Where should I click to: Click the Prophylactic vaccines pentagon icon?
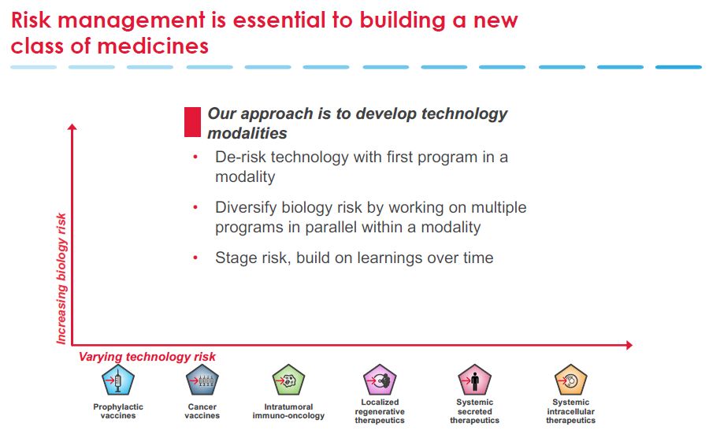pyautogui.click(x=118, y=380)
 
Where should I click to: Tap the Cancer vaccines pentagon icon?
pyautogui.click(x=202, y=380)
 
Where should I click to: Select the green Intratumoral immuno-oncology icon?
pyautogui.click(x=288, y=380)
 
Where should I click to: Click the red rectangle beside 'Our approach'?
pyautogui.click(x=192, y=122)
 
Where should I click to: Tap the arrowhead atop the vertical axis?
pyautogui.click(x=72, y=127)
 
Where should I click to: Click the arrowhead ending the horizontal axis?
pyautogui.click(x=629, y=345)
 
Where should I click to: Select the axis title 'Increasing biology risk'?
pyautogui.click(x=61, y=279)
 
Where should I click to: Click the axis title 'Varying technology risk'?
pyautogui.click(x=147, y=357)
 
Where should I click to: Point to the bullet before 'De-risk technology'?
pyautogui.click(x=195, y=158)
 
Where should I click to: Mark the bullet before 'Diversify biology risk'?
pyautogui.click(x=195, y=207)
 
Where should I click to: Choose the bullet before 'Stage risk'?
pyautogui.click(x=195, y=258)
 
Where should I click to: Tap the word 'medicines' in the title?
pyautogui.click(x=153, y=46)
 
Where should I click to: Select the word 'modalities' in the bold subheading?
pyautogui.click(x=247, y=133)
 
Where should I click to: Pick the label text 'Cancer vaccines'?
pyautogui.click(x=202, y=411)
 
